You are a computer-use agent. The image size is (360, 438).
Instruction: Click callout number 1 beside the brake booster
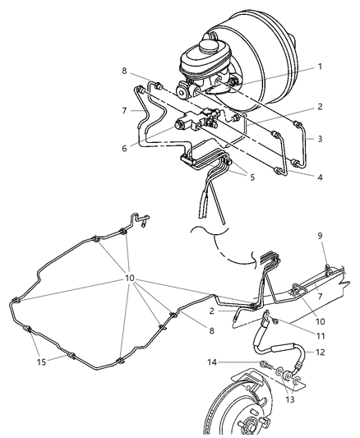click(320, 67)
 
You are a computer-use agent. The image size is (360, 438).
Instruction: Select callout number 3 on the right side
click(320, 139)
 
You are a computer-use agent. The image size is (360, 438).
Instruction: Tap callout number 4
click(320, 178)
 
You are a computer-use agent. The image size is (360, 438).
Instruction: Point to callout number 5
click(252, 178)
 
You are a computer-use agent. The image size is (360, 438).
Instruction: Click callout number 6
click(124, 148)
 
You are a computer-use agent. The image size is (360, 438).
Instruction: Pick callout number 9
click(320, 236)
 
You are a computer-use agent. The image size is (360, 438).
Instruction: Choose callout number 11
click(321, 336)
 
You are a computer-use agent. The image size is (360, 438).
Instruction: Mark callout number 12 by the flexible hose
click(321, 353)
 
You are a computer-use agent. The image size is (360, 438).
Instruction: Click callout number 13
click(290, 399)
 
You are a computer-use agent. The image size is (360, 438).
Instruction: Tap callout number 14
click(212, 362)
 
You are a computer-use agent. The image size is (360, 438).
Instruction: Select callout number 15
click(41, 362)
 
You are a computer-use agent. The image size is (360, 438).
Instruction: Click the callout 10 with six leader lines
click(130, 279)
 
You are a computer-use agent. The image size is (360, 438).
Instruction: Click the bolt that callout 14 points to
click(265, 365)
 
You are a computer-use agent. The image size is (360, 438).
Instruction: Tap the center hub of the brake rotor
click(251, 426)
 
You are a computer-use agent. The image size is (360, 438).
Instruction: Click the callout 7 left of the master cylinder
click(124, 111)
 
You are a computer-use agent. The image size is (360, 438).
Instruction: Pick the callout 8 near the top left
click(124, 71)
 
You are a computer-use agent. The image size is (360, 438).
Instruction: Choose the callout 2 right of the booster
click(320, 107)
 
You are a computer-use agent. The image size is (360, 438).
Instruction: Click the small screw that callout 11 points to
click(275, 322)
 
